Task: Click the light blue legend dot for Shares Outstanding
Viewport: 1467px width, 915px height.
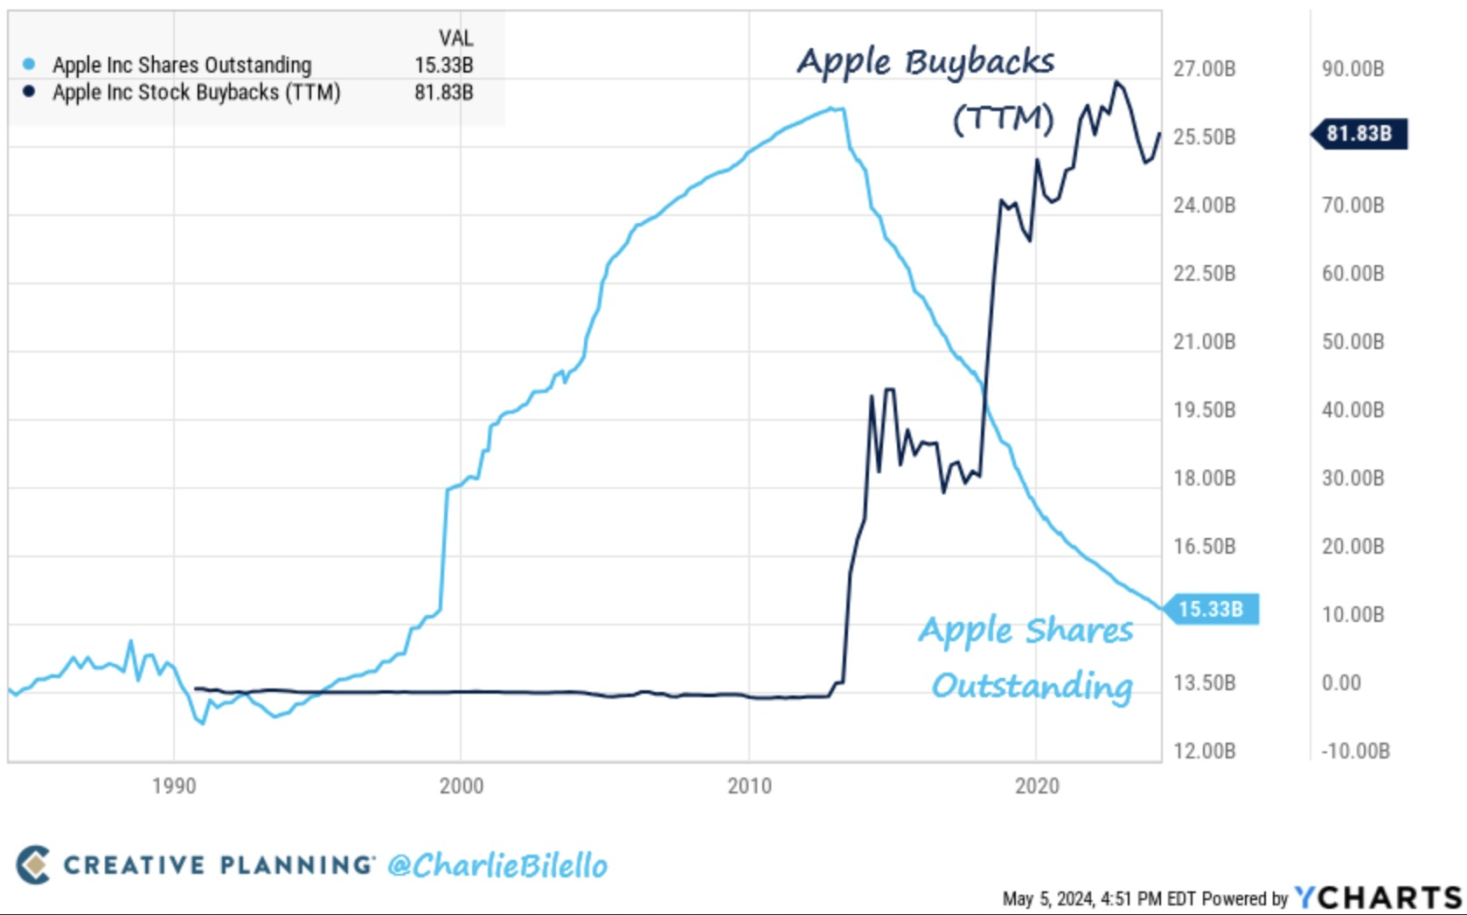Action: pos(29,64)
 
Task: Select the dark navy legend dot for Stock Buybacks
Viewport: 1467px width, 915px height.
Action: pos(29,91)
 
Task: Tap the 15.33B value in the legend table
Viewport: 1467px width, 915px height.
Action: pos(443,65)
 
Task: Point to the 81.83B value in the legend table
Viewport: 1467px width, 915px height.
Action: pos(443,92)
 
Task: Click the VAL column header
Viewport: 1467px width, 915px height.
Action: pos(455,38)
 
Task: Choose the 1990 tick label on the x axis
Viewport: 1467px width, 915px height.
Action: pos(173,786)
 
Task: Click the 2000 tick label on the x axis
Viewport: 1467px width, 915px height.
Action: pos(461,786)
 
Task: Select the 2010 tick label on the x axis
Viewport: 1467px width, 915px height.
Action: pos(749,786)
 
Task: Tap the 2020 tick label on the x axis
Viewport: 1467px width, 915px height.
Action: pos(1037,786)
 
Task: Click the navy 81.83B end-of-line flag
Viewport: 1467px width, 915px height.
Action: pos(1360,134)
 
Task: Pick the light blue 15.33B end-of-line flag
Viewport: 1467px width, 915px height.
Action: pos(1212,609)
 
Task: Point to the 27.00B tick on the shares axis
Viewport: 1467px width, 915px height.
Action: pos(1204,68)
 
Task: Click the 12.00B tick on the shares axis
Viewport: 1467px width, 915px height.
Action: pos(1204,751)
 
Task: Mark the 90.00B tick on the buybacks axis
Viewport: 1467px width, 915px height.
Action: pos(1352,68)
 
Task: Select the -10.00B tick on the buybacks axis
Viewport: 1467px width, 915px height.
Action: pos(1355,751)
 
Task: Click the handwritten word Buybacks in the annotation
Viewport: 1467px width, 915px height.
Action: pos(979,62)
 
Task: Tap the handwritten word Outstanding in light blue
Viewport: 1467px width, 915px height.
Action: pos(1032,686)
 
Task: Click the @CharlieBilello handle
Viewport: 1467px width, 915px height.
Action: pos(497,865)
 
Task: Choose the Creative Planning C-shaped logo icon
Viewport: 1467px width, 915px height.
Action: pos(33,864)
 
